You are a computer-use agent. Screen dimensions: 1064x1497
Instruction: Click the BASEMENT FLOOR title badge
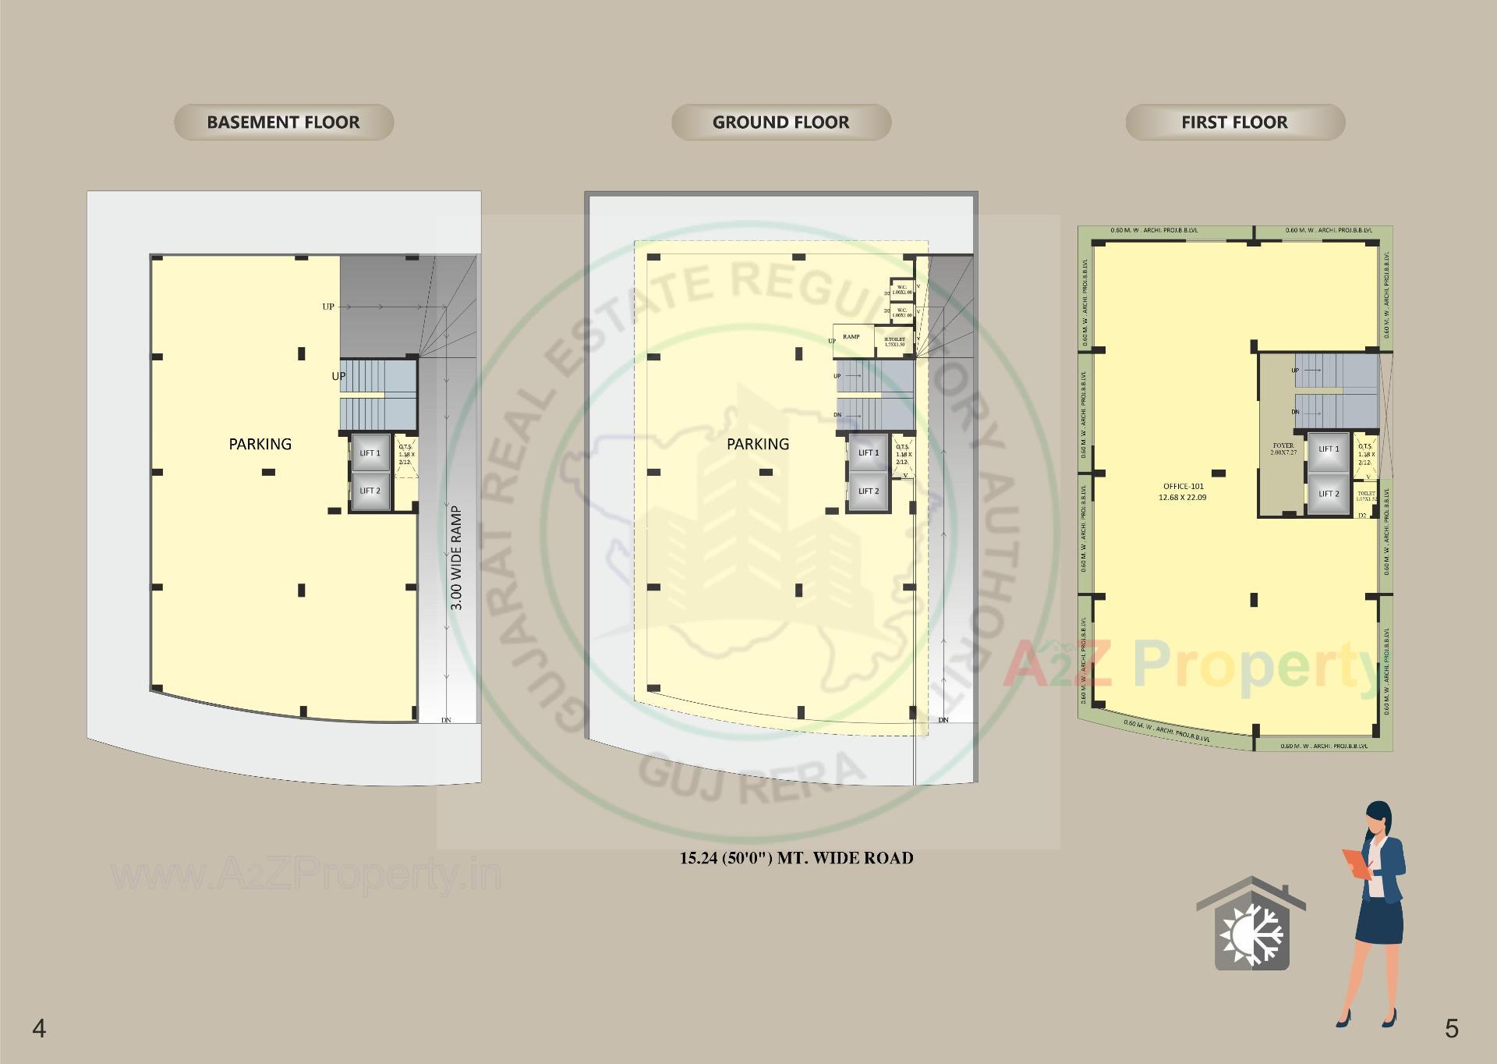pos(284,122)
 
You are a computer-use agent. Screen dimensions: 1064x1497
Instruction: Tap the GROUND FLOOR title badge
pos(780,122)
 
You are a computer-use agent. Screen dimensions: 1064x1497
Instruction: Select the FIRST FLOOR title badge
pos(1234,122)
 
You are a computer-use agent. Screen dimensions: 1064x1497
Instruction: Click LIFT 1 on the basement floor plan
pos(370,453)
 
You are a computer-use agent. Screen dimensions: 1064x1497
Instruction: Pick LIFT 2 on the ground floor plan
pos(869,491)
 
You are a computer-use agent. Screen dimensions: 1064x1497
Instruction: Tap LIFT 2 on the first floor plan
pos(1329,494)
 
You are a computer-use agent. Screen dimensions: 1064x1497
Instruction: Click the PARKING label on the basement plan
pos(260,444)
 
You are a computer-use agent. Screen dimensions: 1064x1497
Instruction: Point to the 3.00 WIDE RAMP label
pos(457,559)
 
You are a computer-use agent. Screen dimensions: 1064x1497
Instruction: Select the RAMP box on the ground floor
pos(851,337)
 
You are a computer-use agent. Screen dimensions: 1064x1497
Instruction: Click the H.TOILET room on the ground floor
pos(894,342)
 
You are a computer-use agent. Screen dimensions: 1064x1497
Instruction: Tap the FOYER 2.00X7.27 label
pos(1283,449)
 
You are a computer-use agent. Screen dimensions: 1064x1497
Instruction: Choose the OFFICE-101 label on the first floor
pos(1183,491)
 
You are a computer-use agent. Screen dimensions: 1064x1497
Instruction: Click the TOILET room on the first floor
pos(1366,497)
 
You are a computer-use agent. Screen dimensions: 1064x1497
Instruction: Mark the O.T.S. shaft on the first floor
pos(1365,455)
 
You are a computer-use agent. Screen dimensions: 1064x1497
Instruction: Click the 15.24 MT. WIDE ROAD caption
pos(796,859)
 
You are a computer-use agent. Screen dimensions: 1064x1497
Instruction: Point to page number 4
pos(39,1028)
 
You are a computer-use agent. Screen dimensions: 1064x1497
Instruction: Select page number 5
pos(1451,1028)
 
